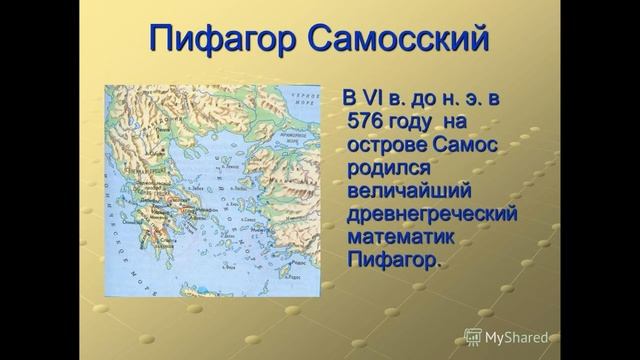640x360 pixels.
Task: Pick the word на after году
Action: pos(473,121)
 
